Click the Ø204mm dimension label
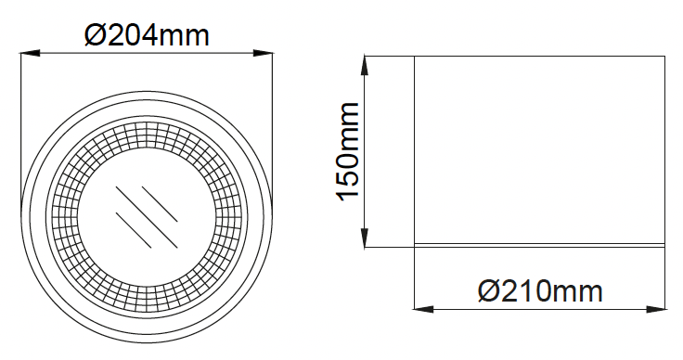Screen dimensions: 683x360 point(147,35)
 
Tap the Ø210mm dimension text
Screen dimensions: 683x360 point(540,290)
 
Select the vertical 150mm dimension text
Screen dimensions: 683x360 point(348,152)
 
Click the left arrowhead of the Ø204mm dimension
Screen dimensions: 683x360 point(30,54)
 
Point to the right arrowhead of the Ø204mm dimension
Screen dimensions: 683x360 point(264,54)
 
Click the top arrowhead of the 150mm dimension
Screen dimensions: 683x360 point(365,66)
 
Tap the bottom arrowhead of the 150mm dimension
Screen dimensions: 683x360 point(365,238)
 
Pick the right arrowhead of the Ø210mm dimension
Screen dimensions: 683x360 point(656,310)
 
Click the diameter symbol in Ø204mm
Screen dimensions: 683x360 point(94,35)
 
